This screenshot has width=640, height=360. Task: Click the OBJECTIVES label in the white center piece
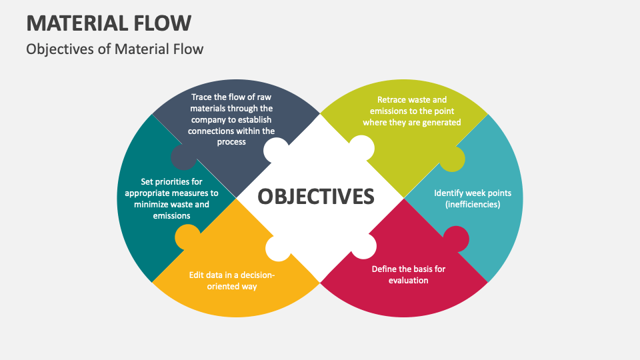click(x=316, y=196)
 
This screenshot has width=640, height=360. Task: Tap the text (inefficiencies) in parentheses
click(x=473, y=204)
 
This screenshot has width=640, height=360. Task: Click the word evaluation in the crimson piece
click(x=408, y=281)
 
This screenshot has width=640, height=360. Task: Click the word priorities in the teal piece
click(x=180, y=181)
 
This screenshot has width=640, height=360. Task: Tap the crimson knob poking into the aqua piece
click(x=456, y=239)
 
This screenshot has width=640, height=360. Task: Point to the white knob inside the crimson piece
click(x=363, y=246)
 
